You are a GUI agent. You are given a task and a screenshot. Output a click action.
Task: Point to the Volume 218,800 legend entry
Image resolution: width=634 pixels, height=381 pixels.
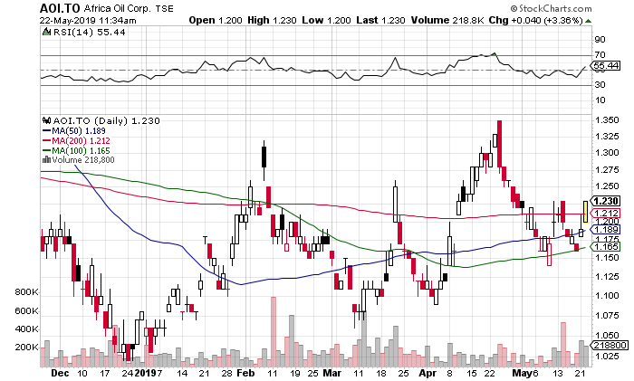(x=85, y=160)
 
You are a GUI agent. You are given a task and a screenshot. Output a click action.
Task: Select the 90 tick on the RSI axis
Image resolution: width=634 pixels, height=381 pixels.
(x=600, y=41)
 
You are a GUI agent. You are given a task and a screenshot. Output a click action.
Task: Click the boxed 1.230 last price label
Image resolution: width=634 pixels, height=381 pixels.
(x=605, y=202)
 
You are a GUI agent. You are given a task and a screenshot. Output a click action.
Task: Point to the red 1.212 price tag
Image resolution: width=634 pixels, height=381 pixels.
(x=605, y=214)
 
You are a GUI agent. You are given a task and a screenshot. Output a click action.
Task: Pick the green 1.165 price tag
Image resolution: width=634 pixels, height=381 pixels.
(x=605, y=246)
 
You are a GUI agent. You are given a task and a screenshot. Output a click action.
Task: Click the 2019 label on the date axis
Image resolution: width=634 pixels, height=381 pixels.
(x=146, y=371)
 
